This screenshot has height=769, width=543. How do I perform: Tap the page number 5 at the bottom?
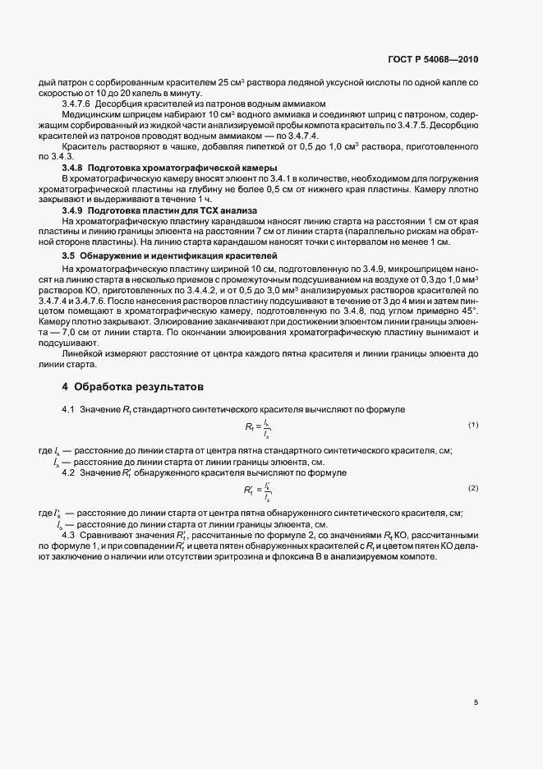pos(476,702)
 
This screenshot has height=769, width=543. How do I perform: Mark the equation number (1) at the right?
pos(473,425)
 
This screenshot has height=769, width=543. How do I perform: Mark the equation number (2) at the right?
pos(473,488)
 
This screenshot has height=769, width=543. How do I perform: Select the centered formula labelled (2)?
pos(257,490)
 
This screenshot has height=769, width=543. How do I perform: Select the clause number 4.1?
pos(68,409)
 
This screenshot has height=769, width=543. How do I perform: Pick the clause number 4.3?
pos(68,536)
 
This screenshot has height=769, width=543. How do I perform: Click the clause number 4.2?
pos(68,472)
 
